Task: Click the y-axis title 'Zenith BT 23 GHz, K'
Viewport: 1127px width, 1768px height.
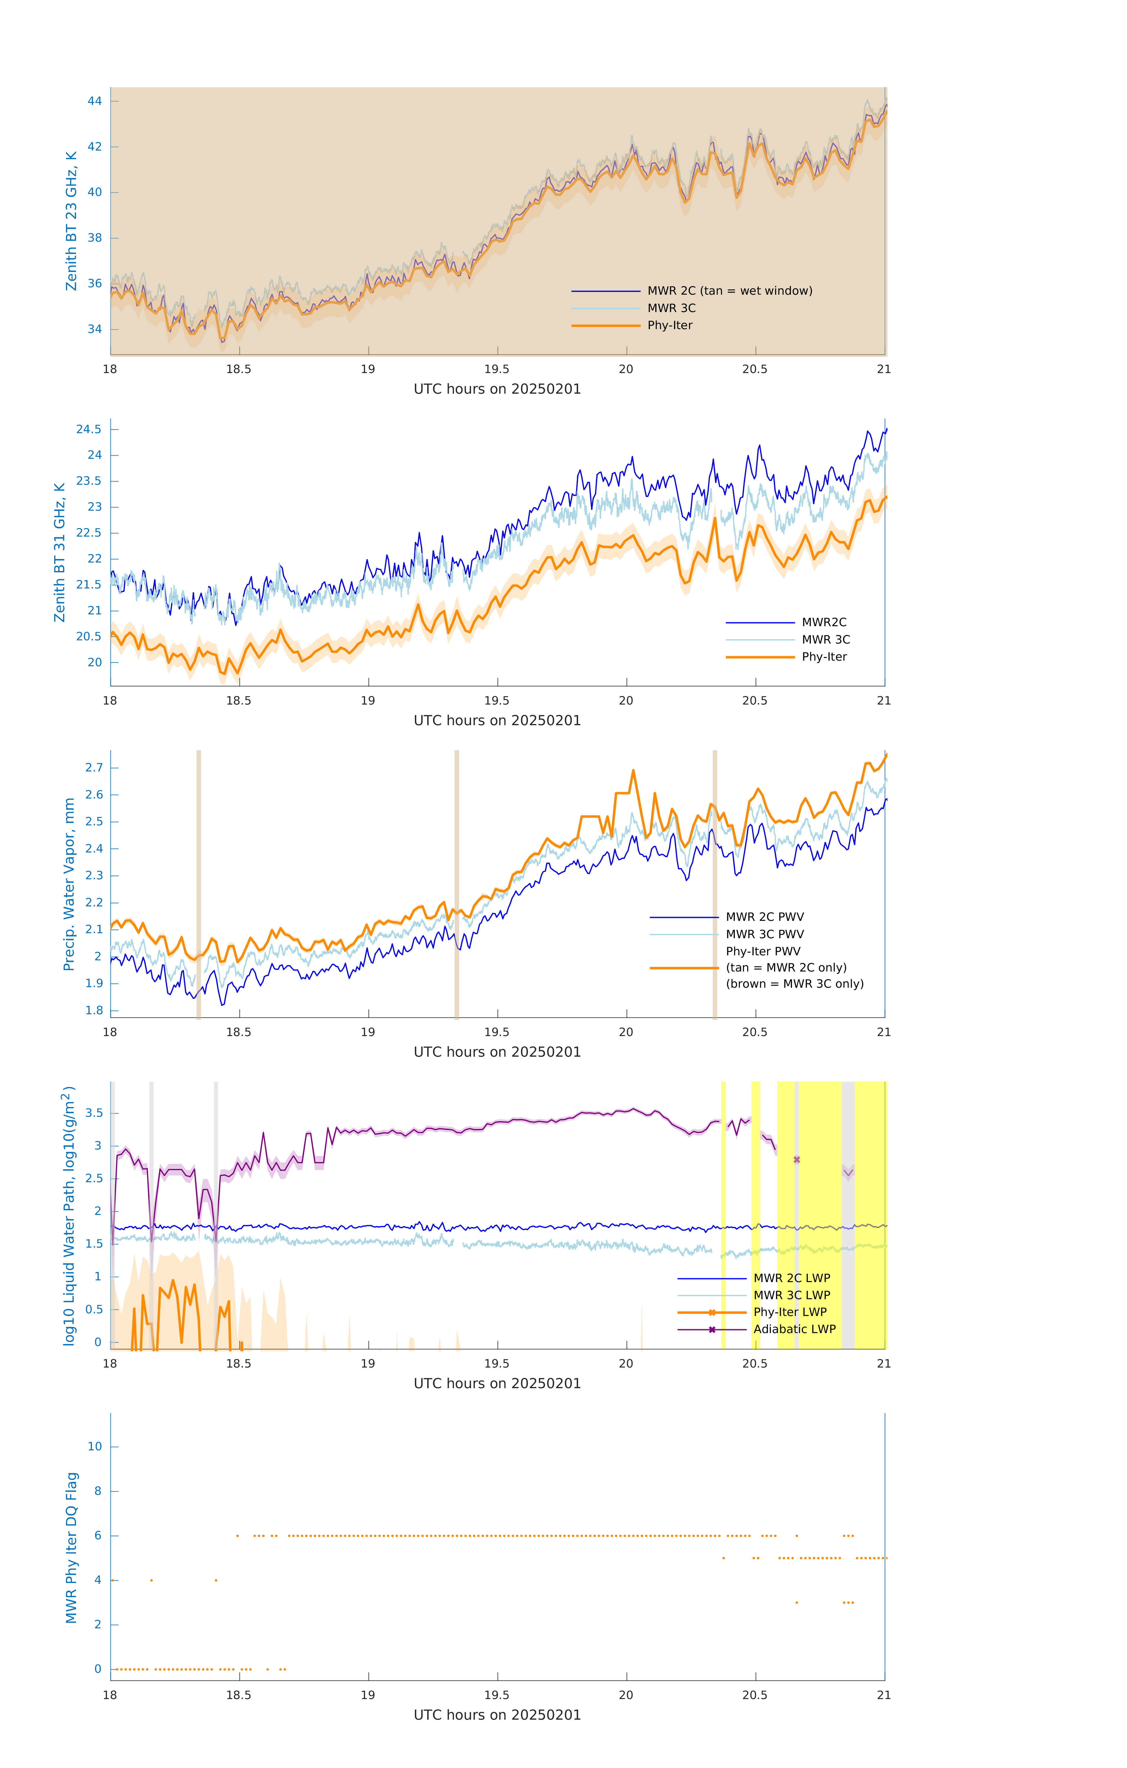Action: (x=71, y=221)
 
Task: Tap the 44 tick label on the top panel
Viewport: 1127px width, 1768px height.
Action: (x=95, y=101)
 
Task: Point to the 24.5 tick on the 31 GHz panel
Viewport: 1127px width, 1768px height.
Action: (x=89, y=430)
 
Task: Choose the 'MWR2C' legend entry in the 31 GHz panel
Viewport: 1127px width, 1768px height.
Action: (x=824, y=623)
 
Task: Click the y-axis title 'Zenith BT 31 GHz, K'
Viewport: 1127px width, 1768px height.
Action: (x=60, y=552)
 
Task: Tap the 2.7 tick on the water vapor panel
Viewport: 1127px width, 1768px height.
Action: (x=94, y=768)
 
